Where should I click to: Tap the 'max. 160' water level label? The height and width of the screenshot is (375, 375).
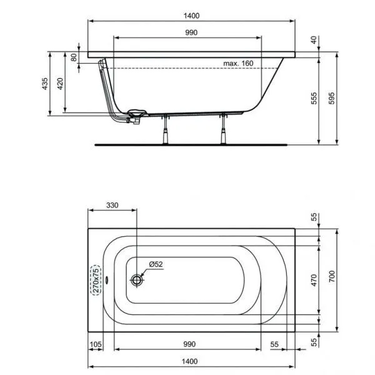point(237,63)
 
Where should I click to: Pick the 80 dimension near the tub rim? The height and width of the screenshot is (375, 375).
point(74,56)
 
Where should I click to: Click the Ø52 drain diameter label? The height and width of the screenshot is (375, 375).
point(156,264)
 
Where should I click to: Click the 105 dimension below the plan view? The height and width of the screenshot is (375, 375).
point(96,344)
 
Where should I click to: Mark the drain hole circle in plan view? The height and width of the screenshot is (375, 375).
point(137,280)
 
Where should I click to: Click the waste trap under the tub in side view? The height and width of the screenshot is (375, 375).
point(136,116)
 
